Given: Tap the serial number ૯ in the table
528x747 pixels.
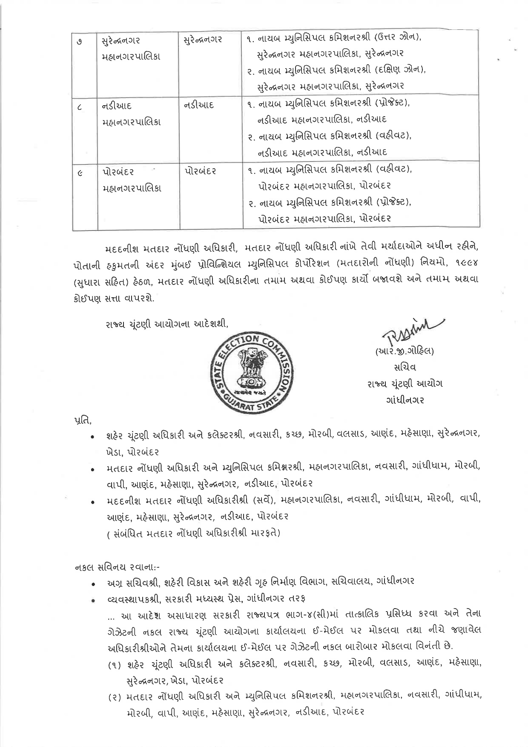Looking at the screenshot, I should click(80, 172).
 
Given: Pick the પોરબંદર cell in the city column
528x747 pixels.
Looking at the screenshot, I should click(201, 171).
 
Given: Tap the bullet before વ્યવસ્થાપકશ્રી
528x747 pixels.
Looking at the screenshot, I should click(92, 600).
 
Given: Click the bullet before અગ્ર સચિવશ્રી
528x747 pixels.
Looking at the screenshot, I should click(92, 583).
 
